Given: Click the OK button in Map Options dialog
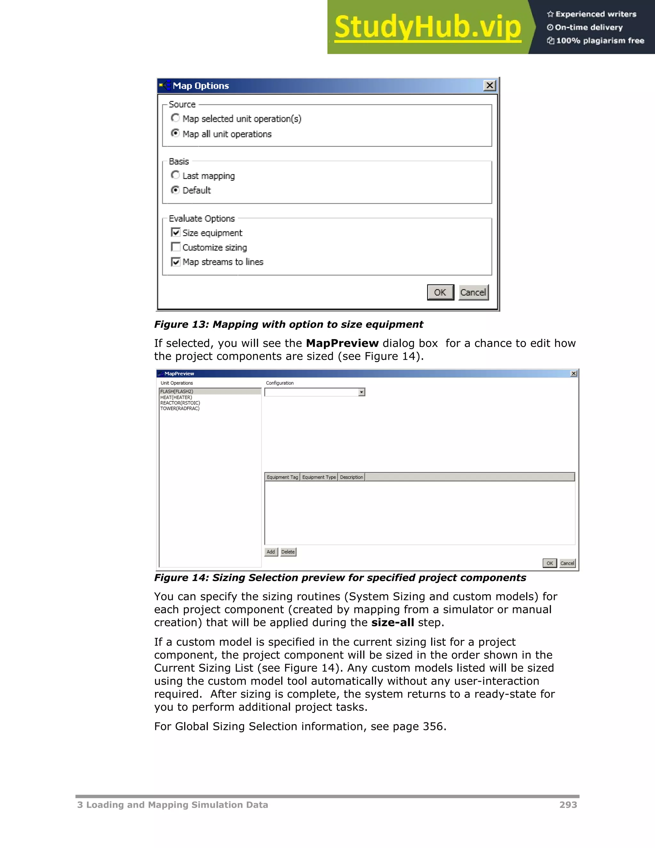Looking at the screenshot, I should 440,292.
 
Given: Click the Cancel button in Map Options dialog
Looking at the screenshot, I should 473,292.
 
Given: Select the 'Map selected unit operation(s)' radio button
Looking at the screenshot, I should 175,118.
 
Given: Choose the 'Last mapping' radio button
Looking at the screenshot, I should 175,175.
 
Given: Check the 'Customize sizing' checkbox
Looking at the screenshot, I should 176,247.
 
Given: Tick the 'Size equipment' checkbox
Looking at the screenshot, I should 176,233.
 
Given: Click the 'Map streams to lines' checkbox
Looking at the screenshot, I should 176,262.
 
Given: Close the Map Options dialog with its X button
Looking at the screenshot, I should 490,85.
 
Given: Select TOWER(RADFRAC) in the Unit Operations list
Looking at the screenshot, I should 180,408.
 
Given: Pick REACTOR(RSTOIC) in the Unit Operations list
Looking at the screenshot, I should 180,403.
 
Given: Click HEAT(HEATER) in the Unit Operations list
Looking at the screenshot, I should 176,397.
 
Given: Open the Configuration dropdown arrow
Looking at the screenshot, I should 362,392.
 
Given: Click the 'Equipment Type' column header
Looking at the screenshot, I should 319,477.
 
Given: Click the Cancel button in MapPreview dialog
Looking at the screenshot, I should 567,563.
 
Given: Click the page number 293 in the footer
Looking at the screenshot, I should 568,804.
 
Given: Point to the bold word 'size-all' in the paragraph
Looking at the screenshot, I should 392,622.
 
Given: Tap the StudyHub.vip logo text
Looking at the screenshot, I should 427,27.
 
